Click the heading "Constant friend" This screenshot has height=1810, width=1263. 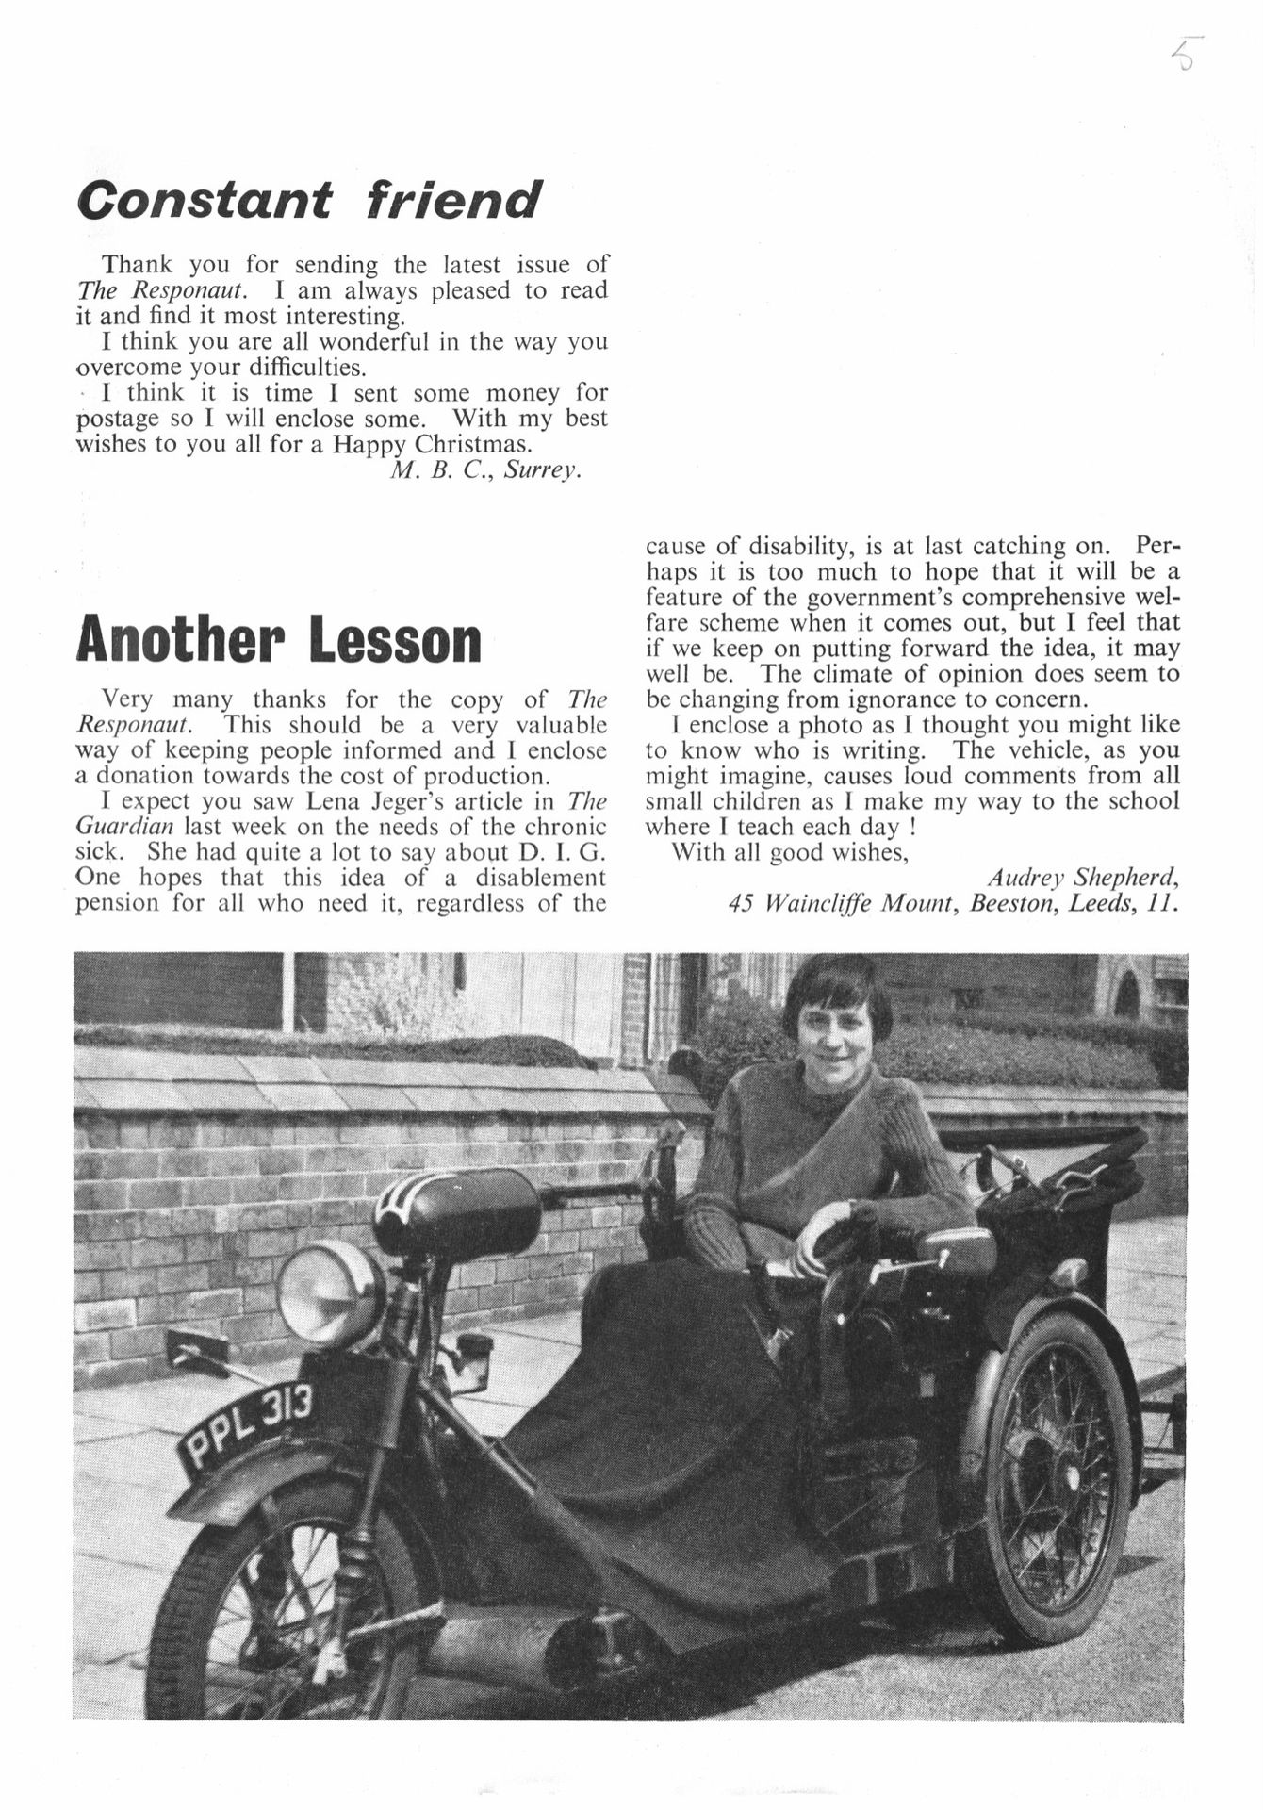(309, 200)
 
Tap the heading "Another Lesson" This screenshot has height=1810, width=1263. (278, 639)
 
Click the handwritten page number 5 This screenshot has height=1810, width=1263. (1185, 55)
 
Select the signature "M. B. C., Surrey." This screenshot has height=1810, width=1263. (484, 469)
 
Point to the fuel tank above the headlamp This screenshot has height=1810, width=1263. (457, 1211)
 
